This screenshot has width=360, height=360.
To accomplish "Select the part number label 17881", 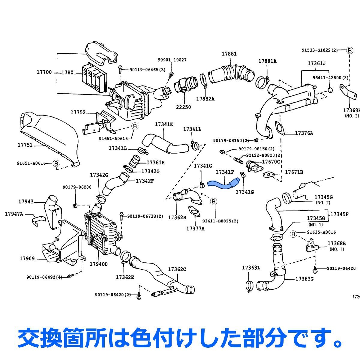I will (x=229, y=54).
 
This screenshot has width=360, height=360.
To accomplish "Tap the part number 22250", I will (x=183, y=107).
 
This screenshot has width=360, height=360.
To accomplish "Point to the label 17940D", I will (x=98, y=264).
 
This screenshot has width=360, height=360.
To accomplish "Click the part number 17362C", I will (x=177, y=269).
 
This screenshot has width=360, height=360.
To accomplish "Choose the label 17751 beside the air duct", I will (x=25, y=145).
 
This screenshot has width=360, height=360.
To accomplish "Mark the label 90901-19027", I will (x=172, y=60).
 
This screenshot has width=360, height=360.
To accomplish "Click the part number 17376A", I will (x=304, y=133).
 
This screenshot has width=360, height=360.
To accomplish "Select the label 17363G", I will (x=304, y=279).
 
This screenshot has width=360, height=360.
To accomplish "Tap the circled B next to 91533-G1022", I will (x=349, y=50).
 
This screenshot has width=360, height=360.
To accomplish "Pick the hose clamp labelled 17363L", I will (x=249, y=285).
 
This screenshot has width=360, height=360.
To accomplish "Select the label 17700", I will (x=44, y=72).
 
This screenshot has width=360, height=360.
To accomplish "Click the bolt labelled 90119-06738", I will (x=121, y=216).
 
